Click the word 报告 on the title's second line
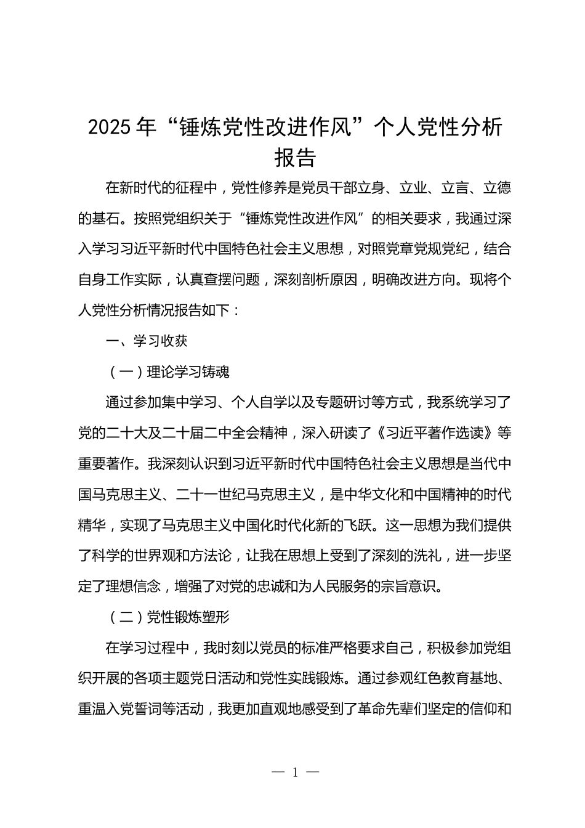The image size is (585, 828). pos(295,157)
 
